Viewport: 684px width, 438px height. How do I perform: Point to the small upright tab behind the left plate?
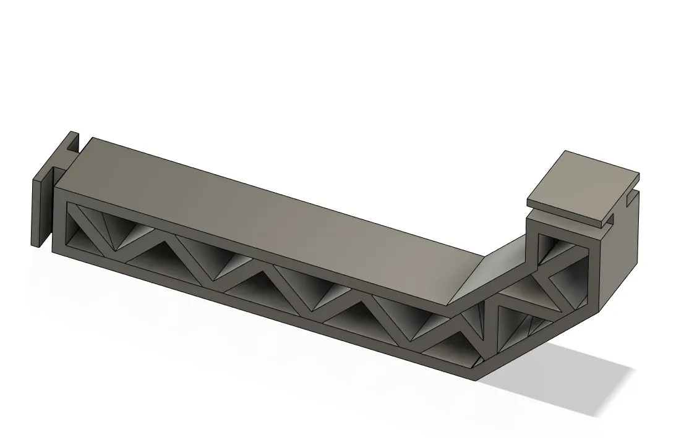[x=73, y=141]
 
